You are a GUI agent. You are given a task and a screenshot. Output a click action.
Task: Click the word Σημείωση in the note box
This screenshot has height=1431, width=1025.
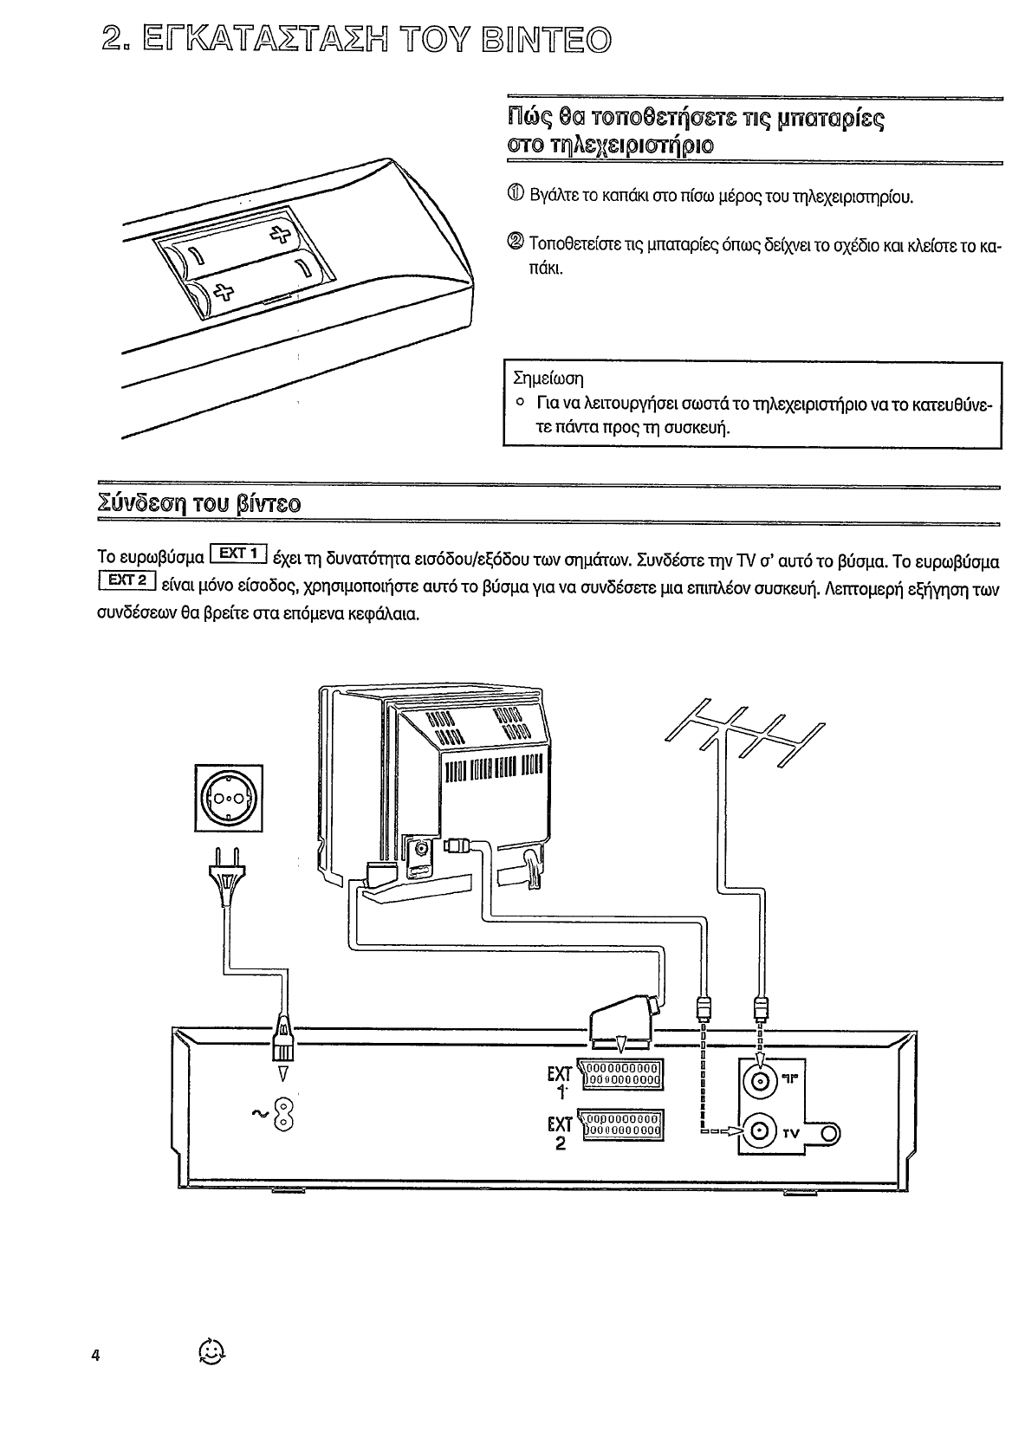tap(548, 379)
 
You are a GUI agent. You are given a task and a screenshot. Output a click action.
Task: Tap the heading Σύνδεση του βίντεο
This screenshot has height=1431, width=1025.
tap(199, 502)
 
